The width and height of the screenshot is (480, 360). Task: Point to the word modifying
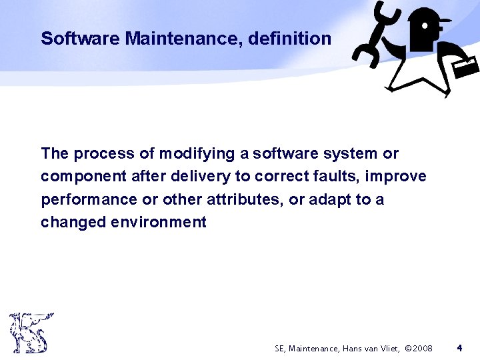(x=197, y=154)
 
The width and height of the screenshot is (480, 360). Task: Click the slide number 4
(x=459, y=347)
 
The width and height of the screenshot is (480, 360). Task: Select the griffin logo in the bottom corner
(x=29, y=332)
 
